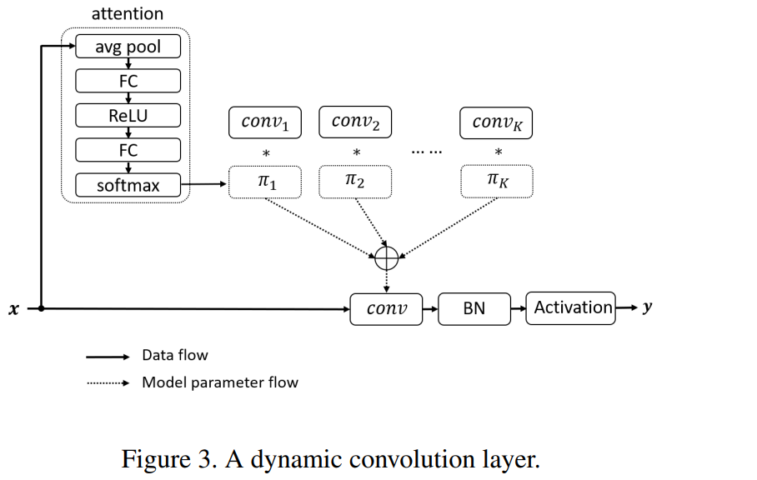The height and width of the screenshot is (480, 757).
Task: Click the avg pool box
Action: (128, 47)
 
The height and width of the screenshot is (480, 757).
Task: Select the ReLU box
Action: (128, 116)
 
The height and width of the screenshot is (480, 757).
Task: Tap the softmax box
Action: (128, 185)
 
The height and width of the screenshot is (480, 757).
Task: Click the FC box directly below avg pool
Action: (128, 81)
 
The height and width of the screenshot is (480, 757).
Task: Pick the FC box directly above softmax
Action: (128, 151)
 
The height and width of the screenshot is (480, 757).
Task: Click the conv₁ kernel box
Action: (265, 122)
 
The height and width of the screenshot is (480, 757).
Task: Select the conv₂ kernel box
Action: (355, 122)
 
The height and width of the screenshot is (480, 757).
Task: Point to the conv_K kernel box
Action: (496, 123)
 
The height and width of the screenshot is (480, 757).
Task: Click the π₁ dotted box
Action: (265, 182)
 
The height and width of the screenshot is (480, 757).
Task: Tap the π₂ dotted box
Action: (355, 182)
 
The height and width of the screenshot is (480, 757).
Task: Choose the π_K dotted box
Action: (497, 182)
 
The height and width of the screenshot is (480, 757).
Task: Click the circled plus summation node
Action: (387, 258)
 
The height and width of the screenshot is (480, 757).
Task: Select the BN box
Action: (474, 308)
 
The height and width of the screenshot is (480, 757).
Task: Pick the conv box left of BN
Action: (386, 309)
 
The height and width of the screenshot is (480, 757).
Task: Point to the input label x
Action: (14, 309)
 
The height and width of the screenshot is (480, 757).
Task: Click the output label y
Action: (647, 307)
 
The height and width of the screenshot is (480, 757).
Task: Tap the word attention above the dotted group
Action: (128, 13)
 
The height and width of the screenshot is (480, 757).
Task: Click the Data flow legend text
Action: (175, 355)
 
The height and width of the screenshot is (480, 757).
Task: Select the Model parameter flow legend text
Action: (220, 382)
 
